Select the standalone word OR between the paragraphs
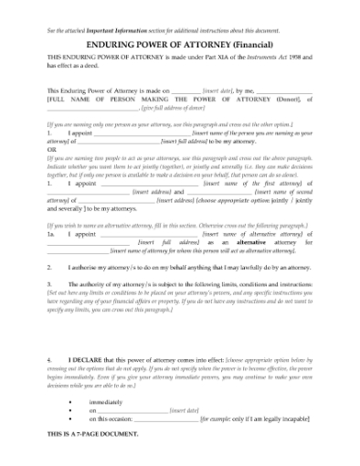(51, 151)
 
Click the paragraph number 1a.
(53, 234)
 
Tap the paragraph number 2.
(50, 268)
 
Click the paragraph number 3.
(50, 284)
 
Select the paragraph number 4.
(50, 361)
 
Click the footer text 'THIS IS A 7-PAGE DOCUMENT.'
(92, 434)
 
